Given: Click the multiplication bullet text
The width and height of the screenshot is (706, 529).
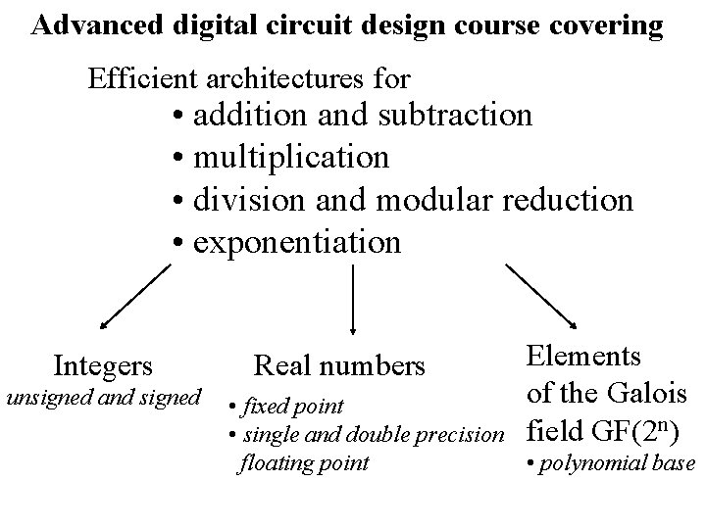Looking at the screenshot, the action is (290, 157).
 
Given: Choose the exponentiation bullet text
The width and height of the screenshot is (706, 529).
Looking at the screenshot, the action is (296, 241).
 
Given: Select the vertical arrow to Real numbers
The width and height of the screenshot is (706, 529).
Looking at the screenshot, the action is (352, 300).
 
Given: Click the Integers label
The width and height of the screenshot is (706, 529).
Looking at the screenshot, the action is (103, 366).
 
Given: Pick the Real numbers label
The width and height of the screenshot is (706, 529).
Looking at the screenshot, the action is (339, 366).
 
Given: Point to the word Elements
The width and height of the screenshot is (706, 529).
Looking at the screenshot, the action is (583, 356).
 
